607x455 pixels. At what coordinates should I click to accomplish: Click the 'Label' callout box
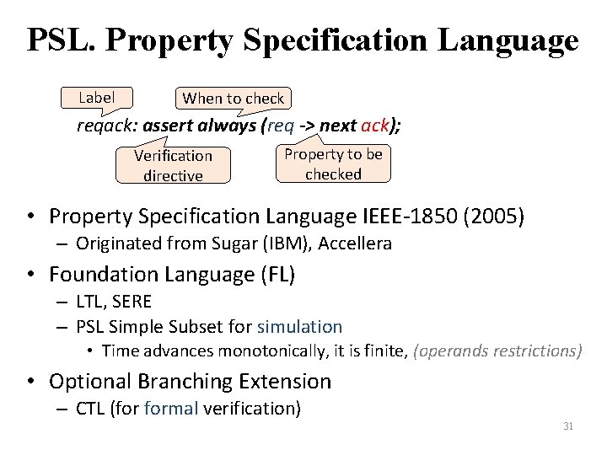[96, 98]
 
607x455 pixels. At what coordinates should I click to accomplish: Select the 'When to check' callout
[234, 99]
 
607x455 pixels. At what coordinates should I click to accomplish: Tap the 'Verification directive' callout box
[173, 165]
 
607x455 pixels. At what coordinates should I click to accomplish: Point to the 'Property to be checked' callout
[333, 163]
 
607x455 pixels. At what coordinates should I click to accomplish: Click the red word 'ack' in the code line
[374, 126]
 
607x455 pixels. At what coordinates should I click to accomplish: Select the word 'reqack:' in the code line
[107, 126]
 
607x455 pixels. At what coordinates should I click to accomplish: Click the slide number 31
[568, 426]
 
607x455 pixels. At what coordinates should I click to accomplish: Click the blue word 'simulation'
[299, 327]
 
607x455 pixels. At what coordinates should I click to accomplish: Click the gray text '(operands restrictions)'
[497, 351]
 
